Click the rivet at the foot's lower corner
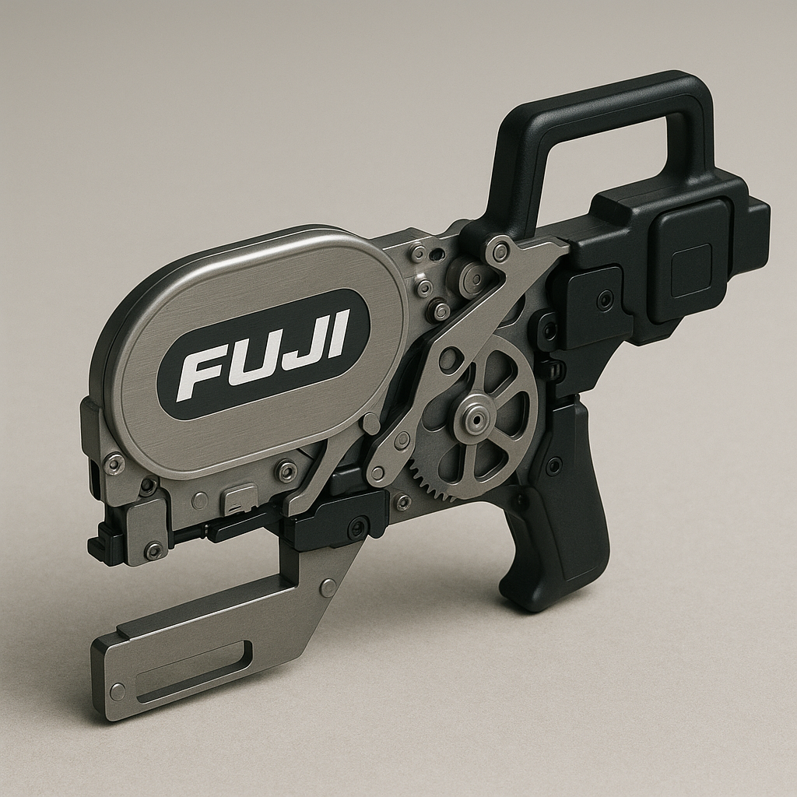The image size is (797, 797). point(118,691)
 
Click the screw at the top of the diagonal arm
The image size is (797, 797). point(500,251)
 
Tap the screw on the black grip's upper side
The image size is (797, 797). point(553,465)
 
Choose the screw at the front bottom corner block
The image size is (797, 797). point(153,549)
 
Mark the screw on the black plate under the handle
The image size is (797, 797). point(605,300)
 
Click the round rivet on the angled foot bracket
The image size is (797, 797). point(328,588)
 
